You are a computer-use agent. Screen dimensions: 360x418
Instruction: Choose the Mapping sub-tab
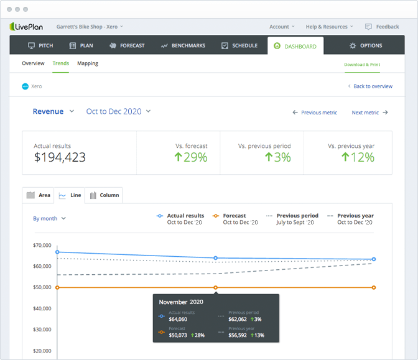[88, 63]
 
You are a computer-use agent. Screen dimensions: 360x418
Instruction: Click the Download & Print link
[362, 64]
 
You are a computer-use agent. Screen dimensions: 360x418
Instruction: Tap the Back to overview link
[369, 86]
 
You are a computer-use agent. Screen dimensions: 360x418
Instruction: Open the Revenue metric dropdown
[53, 111]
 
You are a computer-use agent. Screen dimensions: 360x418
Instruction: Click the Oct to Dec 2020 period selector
[118, 111]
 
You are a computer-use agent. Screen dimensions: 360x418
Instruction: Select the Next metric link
[369, 113]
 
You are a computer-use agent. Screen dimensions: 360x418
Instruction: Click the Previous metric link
[315, 113]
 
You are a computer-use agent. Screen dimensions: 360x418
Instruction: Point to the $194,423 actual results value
[60, 157]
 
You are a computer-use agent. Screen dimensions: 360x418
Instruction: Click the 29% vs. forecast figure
[191, 157]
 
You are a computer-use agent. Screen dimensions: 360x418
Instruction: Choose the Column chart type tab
[104, 195]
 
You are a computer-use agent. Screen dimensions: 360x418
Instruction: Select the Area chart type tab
[39, 195]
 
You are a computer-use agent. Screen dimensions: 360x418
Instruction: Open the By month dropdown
[49, 218]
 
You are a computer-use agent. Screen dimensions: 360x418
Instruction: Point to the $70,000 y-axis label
[42, 245]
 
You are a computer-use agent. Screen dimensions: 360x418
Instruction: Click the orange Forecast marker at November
[216, 287]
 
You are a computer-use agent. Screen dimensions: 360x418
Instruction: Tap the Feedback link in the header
[382, 27]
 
